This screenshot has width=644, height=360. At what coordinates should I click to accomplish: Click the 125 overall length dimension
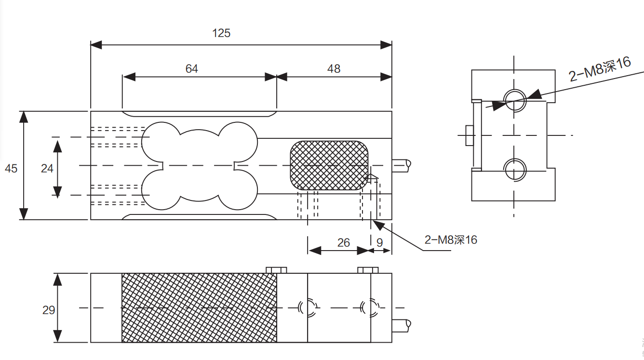pyautogui.click(x=221, y=33)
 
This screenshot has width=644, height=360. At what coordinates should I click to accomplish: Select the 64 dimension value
pyautogui.click(x=192, y=69)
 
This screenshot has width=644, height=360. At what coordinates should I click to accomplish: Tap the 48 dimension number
pyautogui.click(x=334, y=69)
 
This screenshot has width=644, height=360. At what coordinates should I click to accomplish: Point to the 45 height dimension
pyautogui.click(x=11, y=169)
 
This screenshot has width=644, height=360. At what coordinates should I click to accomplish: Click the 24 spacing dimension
pyautogui.click(x=47, y=169)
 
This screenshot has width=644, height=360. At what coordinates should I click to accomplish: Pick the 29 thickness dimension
pyautogui.click(x=49, y=310)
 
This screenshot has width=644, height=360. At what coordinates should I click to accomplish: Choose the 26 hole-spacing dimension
pyautogui.click(x=344, y=242)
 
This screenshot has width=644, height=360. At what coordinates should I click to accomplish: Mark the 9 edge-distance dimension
pyautogui.click(x=380, y=242)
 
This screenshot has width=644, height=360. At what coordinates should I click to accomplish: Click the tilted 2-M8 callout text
pyautogui.click(x=600, y=69)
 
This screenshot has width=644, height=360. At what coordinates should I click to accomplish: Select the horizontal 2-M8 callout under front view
pyautogui.click(x=451, y=240)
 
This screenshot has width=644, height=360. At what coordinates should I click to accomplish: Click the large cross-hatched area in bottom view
pyautogui.click(x=199, y=308)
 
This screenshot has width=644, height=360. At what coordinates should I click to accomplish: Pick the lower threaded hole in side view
pyautogui.click(x=515, y=169)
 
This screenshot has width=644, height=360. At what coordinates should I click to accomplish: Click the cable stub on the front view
pyautogui.click(x=402, y=165)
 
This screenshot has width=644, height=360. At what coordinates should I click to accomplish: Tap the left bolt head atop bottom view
pyautogui.click(x=276, y=269)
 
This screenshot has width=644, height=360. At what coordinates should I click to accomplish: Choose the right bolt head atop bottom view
pyautogui.click(x=368, y=269)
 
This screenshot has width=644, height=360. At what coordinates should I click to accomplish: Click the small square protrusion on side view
pyautogui.click(x=470, y=135)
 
